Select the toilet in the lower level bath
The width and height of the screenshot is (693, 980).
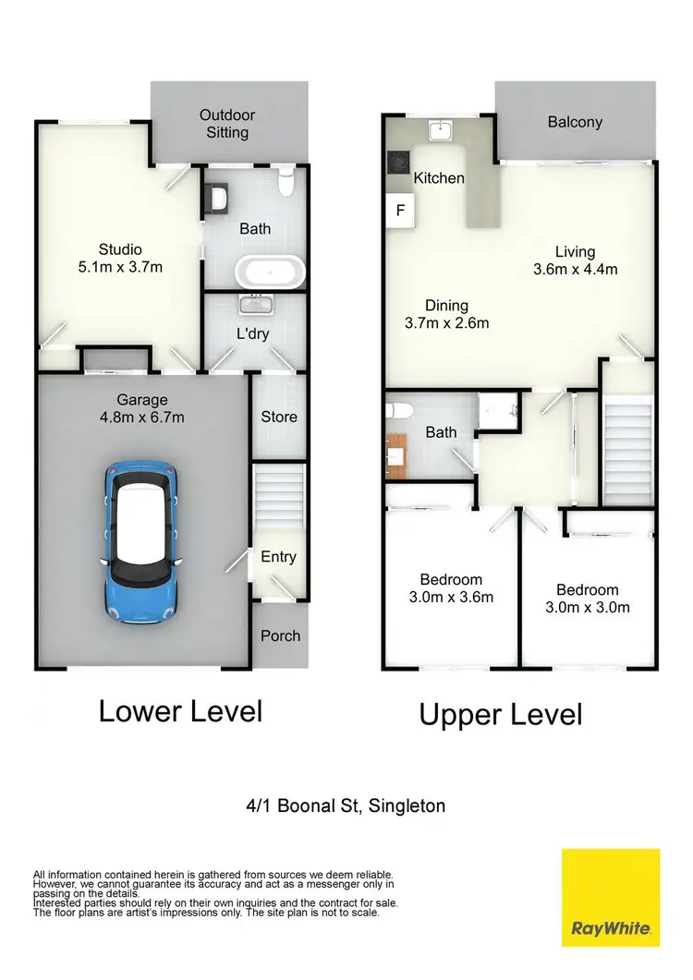(x=286, y=182)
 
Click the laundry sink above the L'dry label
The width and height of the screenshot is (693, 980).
(x=253, y=304)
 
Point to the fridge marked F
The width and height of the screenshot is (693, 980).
(x=400, y=211)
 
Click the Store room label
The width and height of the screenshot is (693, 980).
(x=279, y=417)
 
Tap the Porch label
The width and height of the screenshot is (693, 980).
(x=279, y=635)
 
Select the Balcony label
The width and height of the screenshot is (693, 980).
(x=575, y=121)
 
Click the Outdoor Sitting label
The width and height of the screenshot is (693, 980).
(x=227, y=124)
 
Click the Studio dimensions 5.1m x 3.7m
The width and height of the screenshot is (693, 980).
(x=120, y=267)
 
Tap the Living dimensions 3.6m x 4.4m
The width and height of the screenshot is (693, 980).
(x=575, y=270)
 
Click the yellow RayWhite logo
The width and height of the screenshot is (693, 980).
(x=611, y=897)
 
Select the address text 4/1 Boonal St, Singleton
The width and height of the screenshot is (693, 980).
(x=346, y=805)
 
